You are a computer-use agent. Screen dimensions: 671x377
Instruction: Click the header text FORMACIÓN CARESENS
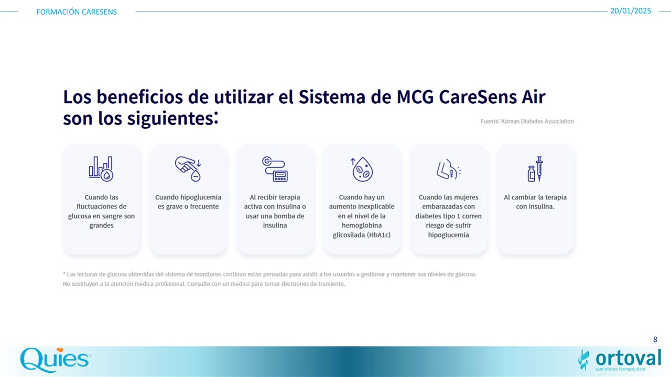tap(77, 12)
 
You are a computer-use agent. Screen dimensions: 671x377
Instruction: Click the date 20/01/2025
tap(631, 11)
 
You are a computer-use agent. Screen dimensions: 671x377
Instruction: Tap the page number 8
tap(655, 339)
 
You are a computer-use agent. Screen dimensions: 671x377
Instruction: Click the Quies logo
tap(56, 360)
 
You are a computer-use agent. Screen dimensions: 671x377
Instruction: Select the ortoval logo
tap(620, 360)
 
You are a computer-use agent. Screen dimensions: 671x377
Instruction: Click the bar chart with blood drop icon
tap(101, 169)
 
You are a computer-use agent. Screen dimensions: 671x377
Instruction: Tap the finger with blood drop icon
tap(188, 169)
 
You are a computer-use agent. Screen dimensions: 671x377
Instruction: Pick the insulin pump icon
tap(275, 169)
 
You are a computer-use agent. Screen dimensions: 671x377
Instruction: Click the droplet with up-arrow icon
tap(362, 169)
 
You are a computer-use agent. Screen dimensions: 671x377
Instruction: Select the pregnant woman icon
tap(448, 169)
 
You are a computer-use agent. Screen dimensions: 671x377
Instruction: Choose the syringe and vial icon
tap(535, 169)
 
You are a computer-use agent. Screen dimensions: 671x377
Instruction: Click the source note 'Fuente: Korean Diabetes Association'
tap(527, 121)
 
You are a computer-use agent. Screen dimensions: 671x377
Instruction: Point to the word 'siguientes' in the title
tap(170, 118)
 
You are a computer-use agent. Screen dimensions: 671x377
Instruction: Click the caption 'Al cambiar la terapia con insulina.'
tap(535, 202)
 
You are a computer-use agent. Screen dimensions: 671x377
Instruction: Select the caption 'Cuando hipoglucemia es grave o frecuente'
tap(188, 202)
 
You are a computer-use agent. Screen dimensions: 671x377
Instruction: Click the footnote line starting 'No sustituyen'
tap(204, 284)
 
